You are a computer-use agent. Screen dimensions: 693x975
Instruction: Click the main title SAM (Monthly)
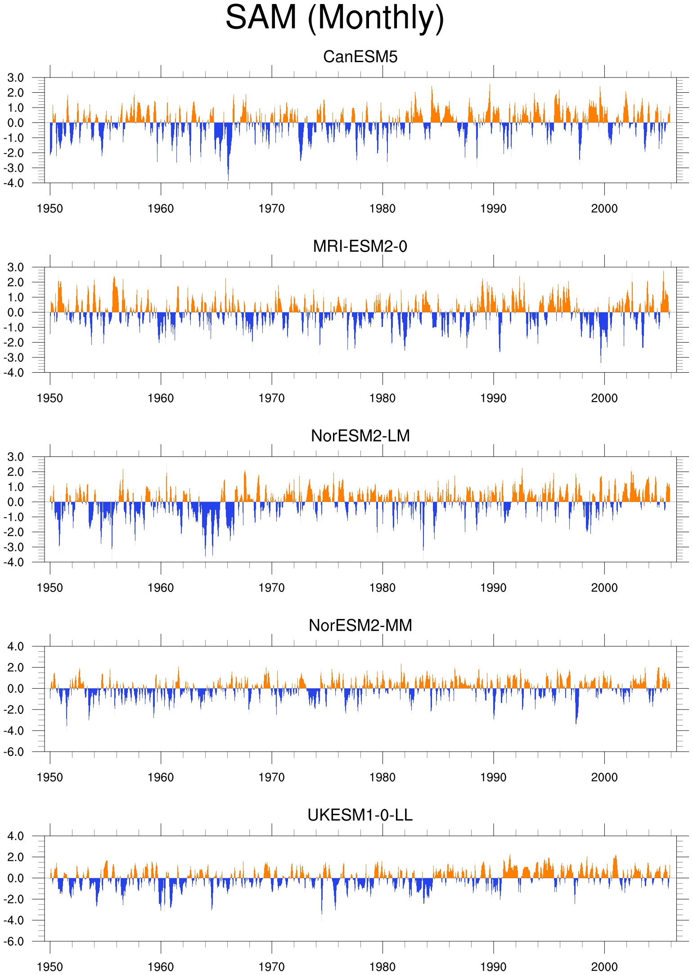[x=335, y=18]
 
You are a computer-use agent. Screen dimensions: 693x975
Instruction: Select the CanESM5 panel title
[x=360, y=57]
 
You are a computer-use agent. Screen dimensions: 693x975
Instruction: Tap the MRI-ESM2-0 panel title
[x=360, y=246]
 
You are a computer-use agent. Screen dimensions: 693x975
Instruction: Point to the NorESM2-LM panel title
[x=360, y=436]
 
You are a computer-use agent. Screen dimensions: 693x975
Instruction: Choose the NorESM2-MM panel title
[x=360, y=625]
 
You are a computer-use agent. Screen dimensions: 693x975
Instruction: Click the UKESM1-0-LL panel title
[x=360, y=815]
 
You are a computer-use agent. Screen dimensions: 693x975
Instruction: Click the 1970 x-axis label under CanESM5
[x=272, y=209]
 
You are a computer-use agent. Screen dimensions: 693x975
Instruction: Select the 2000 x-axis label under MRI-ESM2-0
[x=604, y=398]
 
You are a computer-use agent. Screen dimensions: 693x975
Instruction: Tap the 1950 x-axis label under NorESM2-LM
[x=50, y=588]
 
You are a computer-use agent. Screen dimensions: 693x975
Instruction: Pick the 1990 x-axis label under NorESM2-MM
[x=494, y=777]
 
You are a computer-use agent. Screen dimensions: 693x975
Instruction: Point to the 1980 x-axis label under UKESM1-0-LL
[x=382, y=967]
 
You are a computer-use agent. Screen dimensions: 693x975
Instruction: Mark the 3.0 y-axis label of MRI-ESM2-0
[x=16, y=267]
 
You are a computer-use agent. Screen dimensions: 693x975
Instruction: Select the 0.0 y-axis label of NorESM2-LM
[x=16, y=502]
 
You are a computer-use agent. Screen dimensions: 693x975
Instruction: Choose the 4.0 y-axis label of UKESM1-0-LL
[x=16, y=836]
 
